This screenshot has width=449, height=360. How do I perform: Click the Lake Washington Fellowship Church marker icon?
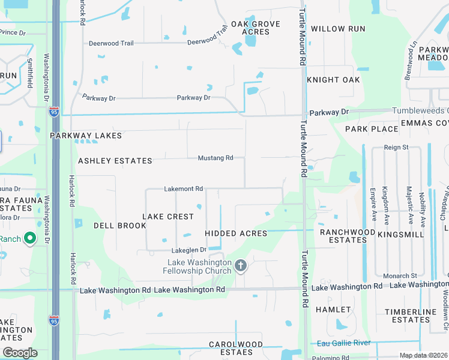241,266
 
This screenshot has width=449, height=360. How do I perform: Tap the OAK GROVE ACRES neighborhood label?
256,28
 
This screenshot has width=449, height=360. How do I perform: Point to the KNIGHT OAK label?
333,80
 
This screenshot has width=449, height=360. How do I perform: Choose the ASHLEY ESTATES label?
115,161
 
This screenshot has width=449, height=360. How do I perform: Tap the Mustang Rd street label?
215,158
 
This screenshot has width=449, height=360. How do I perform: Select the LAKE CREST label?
168,216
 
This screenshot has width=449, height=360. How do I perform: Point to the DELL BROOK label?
120,226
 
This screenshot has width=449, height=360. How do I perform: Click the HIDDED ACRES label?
236,233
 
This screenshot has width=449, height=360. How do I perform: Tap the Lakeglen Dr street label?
188,250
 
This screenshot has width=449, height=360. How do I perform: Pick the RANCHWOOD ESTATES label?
343,236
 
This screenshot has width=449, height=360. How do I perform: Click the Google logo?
20,353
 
